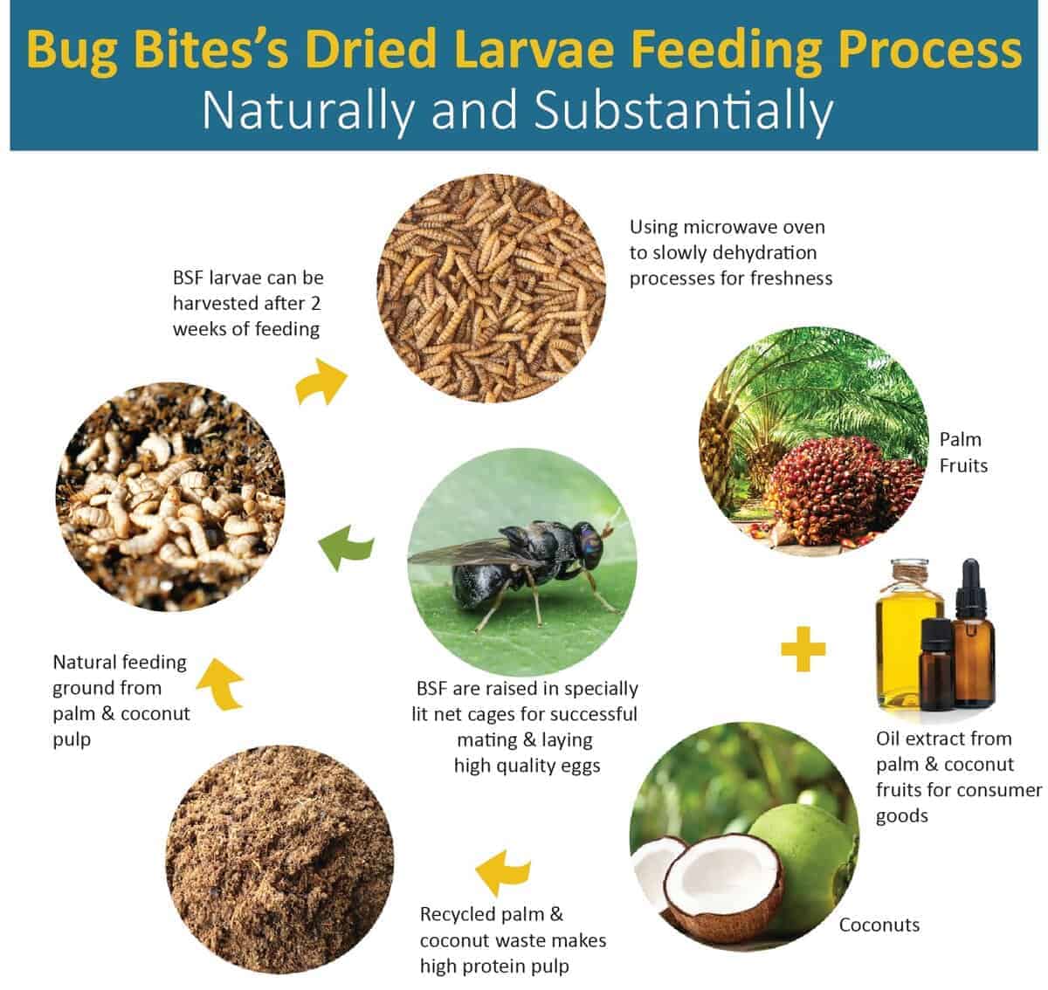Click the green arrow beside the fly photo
[x=346, y=547]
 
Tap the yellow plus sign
[x=803, y=650]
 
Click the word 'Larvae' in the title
[x=534, y=49]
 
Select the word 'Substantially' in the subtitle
[x=684, y=110]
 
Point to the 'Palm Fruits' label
[x=963, y=452]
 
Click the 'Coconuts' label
[x=879, y=925]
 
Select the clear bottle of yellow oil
[x=908, y=633]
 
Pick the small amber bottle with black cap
[x=935, y=663]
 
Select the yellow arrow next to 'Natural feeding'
[x=221, y=684]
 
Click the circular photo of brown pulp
[x=279, y=859]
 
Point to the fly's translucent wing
[x=465, y=553]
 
